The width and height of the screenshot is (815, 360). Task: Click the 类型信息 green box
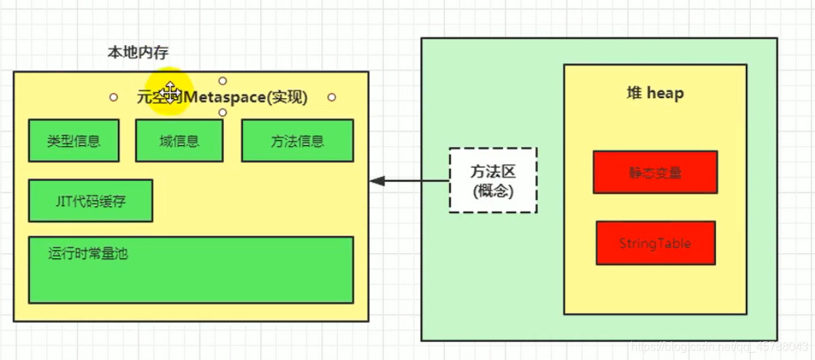tap(73, 140)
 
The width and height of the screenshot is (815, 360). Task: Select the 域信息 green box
tap(180, 140)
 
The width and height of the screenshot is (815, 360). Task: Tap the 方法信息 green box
tap(297, 140)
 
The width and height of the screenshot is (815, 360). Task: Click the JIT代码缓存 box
tap(90, 200)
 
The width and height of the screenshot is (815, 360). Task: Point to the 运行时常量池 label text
tap(89, 254)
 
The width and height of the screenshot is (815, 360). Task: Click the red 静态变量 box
tap(655, 172)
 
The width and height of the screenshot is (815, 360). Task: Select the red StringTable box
tap(655, 242)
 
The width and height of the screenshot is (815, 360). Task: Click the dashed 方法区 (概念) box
tap(493, 180)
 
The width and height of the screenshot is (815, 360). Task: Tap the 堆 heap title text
tap(655, 94)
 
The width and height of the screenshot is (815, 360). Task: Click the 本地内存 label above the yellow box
tap(139, 52)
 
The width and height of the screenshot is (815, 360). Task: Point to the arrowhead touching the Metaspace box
tap(374, 180)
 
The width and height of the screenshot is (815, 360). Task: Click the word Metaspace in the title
tap(228, 97)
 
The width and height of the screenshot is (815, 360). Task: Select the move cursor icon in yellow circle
tap(169, 92)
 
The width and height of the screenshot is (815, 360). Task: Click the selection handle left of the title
tap(113, 97)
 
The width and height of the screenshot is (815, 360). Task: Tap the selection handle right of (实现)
tap(332, 97)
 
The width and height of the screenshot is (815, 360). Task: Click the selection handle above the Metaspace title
tap(222, 81)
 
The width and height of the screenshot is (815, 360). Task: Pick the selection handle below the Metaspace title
tap(222, 113)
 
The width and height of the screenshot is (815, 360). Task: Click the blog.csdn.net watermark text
tap(720, 347)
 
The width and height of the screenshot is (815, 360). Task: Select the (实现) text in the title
tap(288, 97)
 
